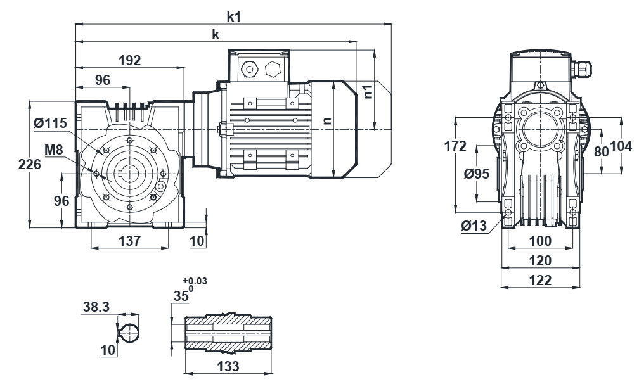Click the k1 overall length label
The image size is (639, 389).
234,16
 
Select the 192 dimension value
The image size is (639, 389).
129,60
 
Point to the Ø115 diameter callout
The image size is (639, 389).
51,123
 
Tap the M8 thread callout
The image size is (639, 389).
54,150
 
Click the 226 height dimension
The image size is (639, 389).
30,164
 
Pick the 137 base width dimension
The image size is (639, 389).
129,241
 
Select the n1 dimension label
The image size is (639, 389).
368,92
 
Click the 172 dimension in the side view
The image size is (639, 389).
455,146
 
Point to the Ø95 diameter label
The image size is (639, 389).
477,174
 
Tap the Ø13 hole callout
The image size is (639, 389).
474,226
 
